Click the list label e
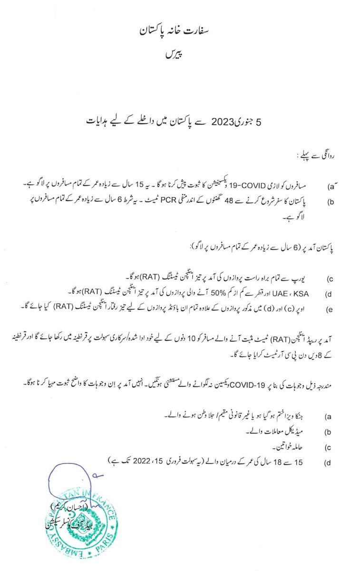(x=328, y=310)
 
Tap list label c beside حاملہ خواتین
(x=328, y=448)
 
